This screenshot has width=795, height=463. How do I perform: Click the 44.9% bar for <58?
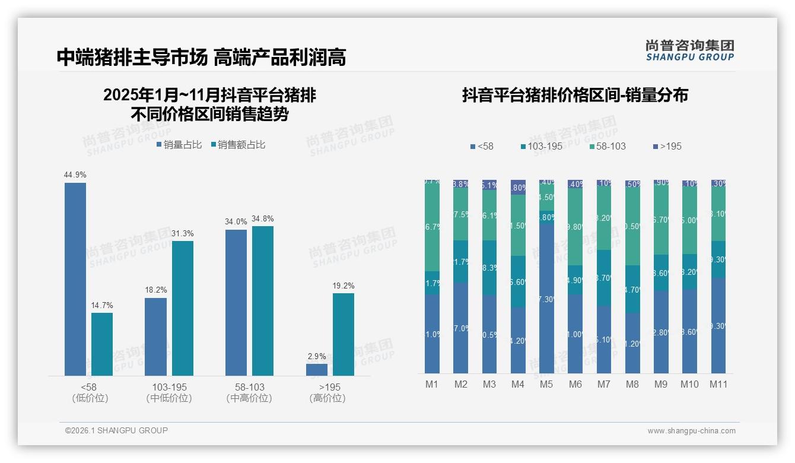pos(75,279)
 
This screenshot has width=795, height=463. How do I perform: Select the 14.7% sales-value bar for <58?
pos(102,344)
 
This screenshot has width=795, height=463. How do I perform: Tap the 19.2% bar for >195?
pos(344,334)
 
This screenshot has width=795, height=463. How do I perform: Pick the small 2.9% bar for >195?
pos(317,369)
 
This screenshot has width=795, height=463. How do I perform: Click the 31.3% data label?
pos(183,233)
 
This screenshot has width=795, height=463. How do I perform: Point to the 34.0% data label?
pos(236,222)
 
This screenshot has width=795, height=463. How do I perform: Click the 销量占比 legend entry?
pos(179,145)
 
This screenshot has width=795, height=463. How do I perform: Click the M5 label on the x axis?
pos(546,384)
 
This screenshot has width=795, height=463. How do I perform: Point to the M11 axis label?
pos(718,384)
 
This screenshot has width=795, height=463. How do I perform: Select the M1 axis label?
pos(432,384)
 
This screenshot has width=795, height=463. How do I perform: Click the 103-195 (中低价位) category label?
pos(169,392)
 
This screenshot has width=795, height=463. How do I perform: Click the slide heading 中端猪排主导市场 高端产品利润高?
pos(201,57)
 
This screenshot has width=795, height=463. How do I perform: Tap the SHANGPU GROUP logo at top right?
pos(690,50)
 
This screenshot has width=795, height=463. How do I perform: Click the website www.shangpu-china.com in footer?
pos(691,431)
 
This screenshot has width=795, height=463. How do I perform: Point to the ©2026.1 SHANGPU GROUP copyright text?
pos(116,430)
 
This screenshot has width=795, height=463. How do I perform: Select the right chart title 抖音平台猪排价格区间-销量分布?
pos(575,96)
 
